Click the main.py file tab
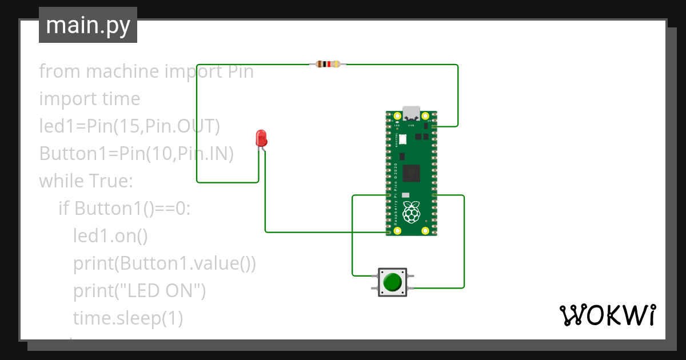pos(87,26)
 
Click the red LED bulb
pos(261,138)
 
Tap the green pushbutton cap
pos(392,282)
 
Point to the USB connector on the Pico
pos(411,113)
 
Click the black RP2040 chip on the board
pos(412,173)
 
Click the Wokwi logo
pos(607,315)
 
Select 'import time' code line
pos(89,99)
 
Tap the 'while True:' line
pos(86,181)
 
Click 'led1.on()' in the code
pos(110,236)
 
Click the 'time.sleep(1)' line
pos(128,318)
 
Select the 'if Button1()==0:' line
pos(124,209)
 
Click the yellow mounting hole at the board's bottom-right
pos(425,231)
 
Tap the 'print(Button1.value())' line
pos(164,263)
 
